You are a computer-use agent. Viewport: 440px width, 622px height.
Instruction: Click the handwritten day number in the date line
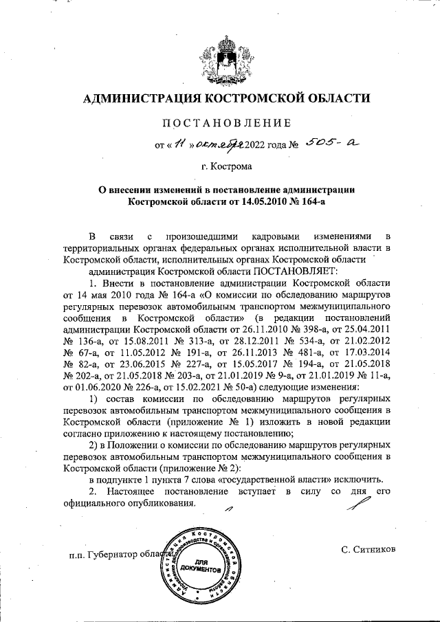(180, 144)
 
